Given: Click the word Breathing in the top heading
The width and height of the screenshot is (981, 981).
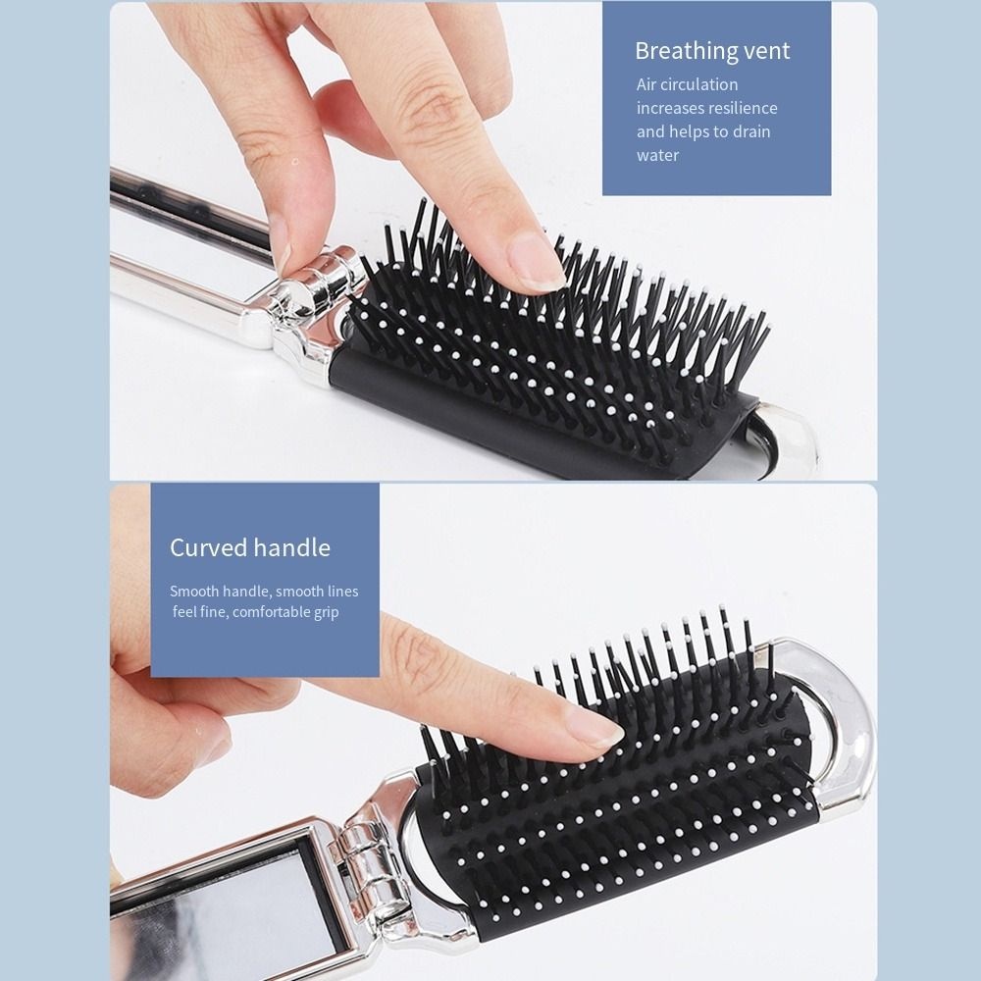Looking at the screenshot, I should click(x=686, y=51).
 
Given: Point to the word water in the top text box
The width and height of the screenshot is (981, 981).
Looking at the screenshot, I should click(x=657, y=155).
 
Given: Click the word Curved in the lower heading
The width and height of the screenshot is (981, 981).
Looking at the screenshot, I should click(x=207, y=547).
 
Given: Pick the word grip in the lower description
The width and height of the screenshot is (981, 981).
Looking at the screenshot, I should click(x=326, y=612).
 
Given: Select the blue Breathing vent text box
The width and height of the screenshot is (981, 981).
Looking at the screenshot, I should click(x=716, y=98).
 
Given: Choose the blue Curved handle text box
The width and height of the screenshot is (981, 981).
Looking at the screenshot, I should click(x=264, y=580).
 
